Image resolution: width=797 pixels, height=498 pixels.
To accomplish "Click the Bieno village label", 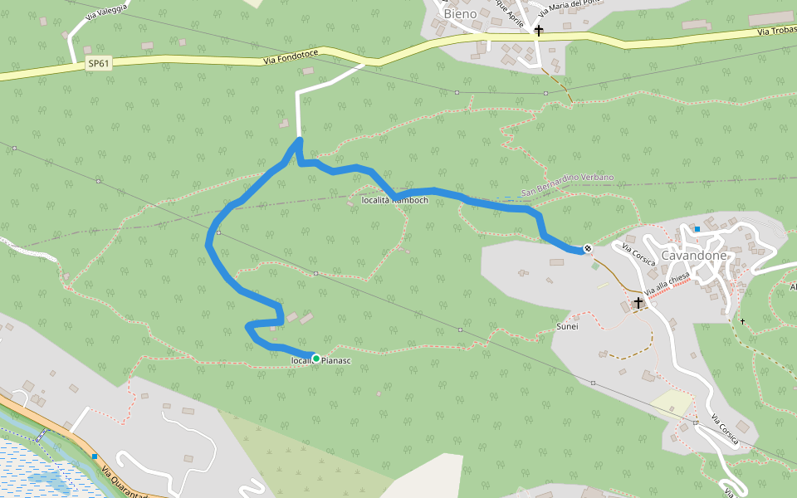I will pos(461,14).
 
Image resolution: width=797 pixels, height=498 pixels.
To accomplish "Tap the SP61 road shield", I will pos(99,63).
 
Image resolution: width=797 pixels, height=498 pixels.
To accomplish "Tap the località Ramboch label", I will pos(396,200).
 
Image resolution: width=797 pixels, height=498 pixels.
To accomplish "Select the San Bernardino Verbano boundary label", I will pos(568,185).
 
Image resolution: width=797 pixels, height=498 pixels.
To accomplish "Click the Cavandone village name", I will pos(694,256).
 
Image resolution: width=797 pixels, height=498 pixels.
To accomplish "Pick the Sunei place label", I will pos(566,326).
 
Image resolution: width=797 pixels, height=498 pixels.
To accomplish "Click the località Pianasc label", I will pos(322,361).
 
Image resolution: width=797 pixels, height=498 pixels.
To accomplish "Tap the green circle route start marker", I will pos(315,359).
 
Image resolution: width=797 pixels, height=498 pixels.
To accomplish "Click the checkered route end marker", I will pos(588,247).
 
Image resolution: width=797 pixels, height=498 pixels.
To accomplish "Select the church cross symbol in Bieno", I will pos(538,31).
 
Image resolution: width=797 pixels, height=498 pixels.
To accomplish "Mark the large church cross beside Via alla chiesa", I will pos(638,303).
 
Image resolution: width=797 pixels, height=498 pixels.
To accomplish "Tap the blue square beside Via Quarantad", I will pos(95,456).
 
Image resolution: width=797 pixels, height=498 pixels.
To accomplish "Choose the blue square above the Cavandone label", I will pos(697,229).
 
